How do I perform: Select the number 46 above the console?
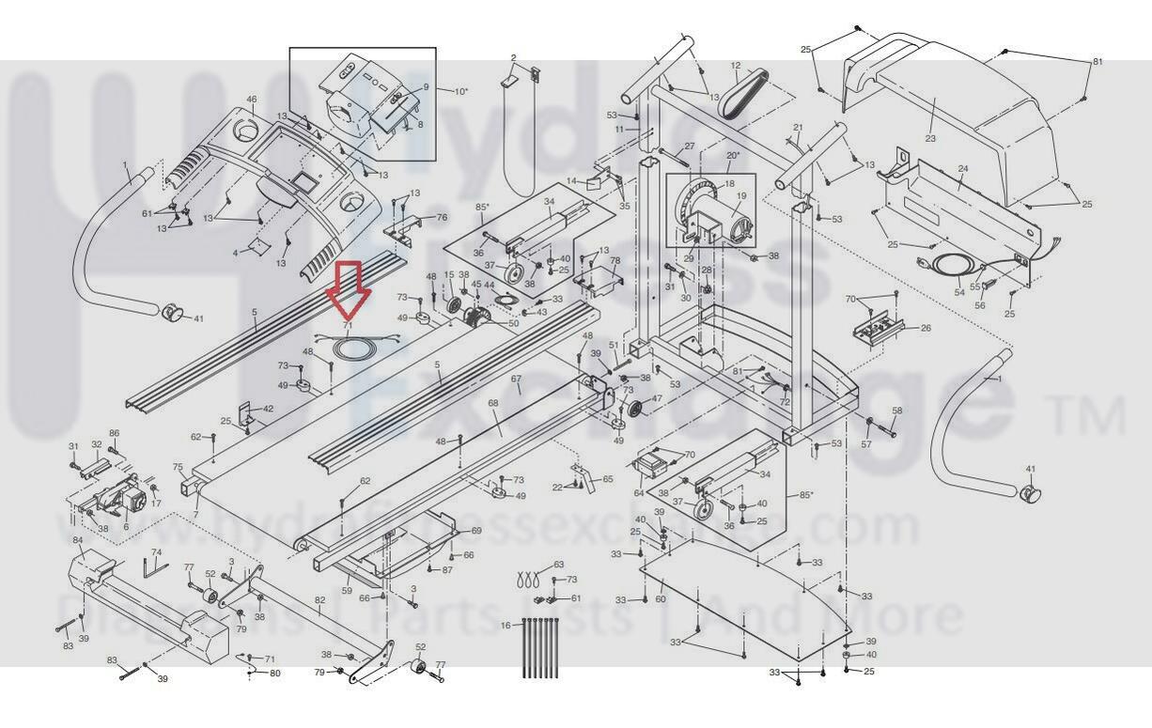point(252,100)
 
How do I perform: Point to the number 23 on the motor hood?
point(930,138)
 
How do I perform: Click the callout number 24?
point(963,170)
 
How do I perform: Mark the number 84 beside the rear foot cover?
point(78,541)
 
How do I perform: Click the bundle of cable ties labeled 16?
point(538,648)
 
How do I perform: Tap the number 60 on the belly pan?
point(660,598)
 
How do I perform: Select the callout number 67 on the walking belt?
point(516,379)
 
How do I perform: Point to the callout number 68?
point(493,403)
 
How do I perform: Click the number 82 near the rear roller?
point(319,600)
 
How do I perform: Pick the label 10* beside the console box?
point(460,91)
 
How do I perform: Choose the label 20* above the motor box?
point(733,155)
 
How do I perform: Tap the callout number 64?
point(639,492)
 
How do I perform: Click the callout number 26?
point(926,328)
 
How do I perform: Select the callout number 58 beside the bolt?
point(896,410)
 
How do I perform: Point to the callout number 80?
point(275,674)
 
